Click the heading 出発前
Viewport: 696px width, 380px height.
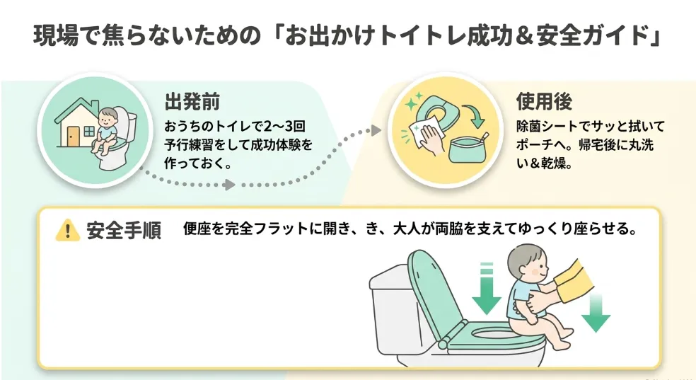(x=192, y=102)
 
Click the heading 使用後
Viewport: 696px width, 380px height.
(x=544, y=102)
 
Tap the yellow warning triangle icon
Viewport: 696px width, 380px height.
(x=67, y=230)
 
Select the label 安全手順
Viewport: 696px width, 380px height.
(x=124, y=231)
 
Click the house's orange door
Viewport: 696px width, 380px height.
(x=74, y=137)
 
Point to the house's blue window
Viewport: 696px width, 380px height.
(x=89, y=132)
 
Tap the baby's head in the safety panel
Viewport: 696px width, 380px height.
(x=528, y=264)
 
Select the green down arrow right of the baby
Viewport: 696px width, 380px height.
(x=596, y=313)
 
